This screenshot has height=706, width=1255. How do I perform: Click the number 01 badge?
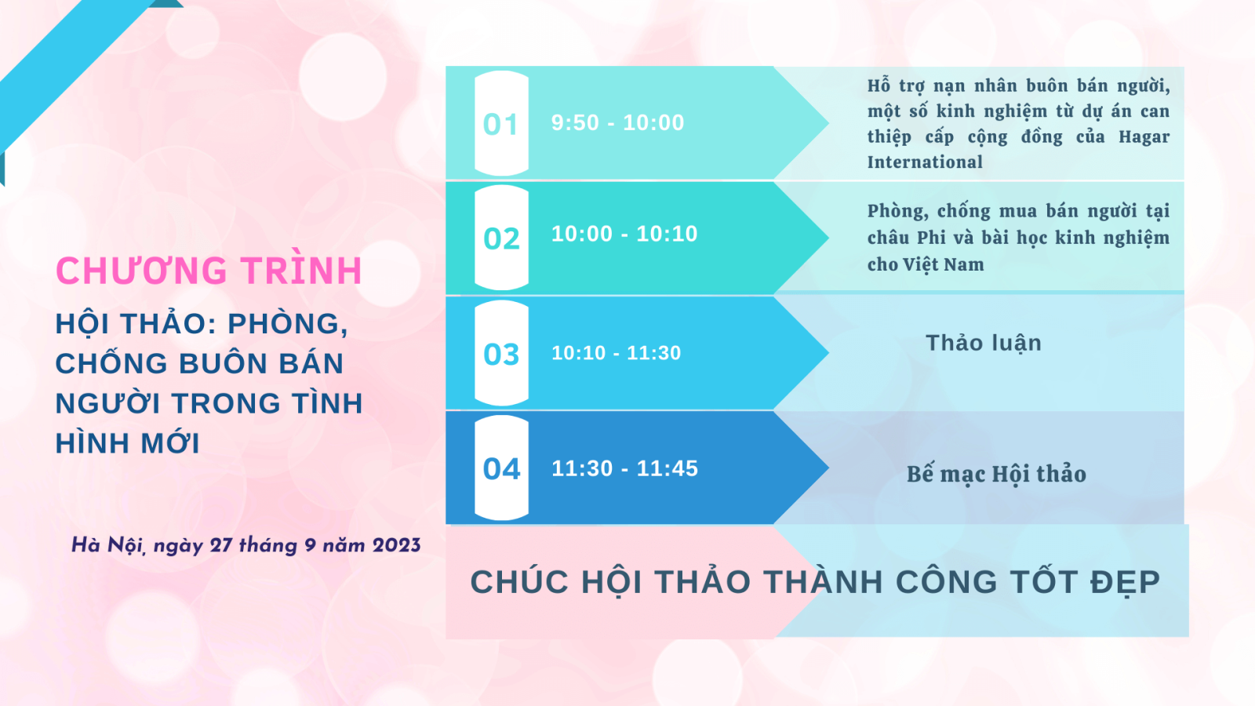501,124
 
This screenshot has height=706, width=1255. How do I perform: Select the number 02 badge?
501,238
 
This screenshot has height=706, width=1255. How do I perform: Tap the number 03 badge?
501,354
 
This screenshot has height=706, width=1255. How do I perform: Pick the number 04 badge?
501,468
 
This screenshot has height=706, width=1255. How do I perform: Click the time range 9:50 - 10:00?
617,122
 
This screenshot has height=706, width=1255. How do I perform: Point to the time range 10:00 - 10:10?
624,234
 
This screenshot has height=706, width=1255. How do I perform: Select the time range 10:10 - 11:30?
617,353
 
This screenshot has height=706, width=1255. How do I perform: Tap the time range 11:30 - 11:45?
624,468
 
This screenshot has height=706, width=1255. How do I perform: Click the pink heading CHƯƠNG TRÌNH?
209,270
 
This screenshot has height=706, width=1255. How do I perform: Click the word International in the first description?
925,162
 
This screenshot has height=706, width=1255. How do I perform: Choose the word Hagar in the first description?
1144,136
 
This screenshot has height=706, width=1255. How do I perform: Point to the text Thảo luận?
984,343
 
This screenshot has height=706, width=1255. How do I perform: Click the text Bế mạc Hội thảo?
997,475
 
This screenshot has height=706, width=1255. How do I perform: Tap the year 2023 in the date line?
396,545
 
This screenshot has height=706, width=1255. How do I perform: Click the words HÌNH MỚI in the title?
127,443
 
